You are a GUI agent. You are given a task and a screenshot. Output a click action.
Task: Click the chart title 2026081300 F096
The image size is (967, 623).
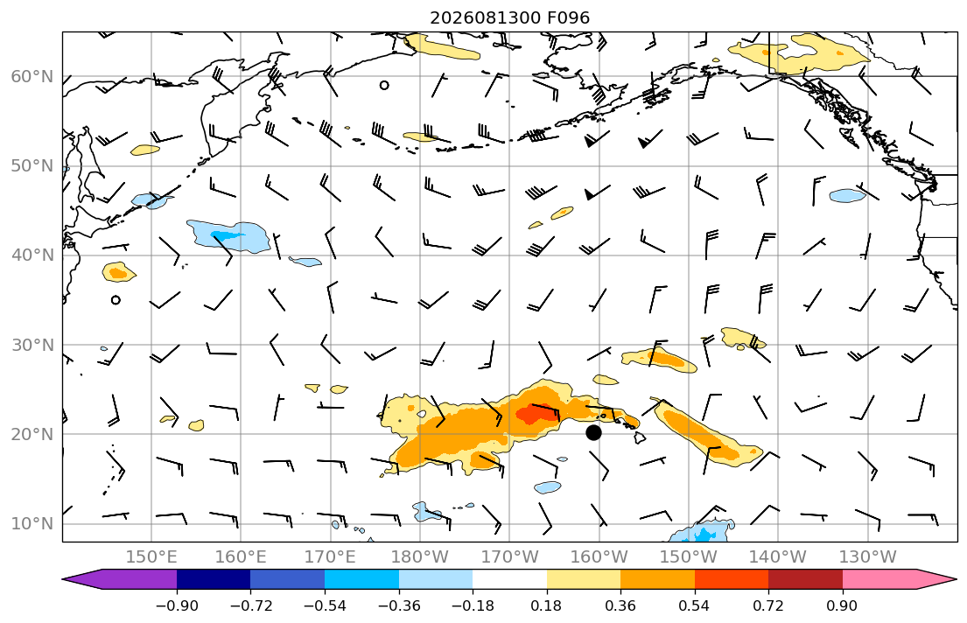[509, 17]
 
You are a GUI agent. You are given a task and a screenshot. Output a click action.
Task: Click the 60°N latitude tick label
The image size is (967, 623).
[32, 76]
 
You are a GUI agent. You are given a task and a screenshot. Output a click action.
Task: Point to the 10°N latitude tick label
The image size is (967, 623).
[32, 524]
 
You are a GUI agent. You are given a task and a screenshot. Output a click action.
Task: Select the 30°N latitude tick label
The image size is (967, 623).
[32, 345]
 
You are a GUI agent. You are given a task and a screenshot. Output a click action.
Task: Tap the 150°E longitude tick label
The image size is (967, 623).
[151, 557]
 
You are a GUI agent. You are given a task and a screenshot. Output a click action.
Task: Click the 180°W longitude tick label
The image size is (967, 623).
[420, 557]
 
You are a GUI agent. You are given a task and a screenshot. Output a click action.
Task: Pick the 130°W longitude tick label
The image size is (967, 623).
[868, 557]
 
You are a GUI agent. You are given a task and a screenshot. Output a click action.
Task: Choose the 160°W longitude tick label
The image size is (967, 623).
[599, 557]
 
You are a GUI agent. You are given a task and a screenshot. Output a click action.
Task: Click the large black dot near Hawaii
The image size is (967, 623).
[593, 432]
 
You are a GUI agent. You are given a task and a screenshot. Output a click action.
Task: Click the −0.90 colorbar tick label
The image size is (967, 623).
[177, 605]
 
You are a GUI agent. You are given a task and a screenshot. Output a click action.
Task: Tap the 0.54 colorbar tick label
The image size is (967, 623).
[695, 605]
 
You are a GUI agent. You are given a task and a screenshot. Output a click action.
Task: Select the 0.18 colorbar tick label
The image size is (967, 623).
[546, 605]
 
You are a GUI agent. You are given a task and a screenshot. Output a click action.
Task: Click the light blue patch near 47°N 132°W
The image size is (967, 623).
[847, 196]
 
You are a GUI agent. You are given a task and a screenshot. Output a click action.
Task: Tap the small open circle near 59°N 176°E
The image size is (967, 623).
[384, 85]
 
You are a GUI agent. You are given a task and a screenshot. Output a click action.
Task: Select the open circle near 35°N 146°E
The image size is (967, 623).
[116, 300]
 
